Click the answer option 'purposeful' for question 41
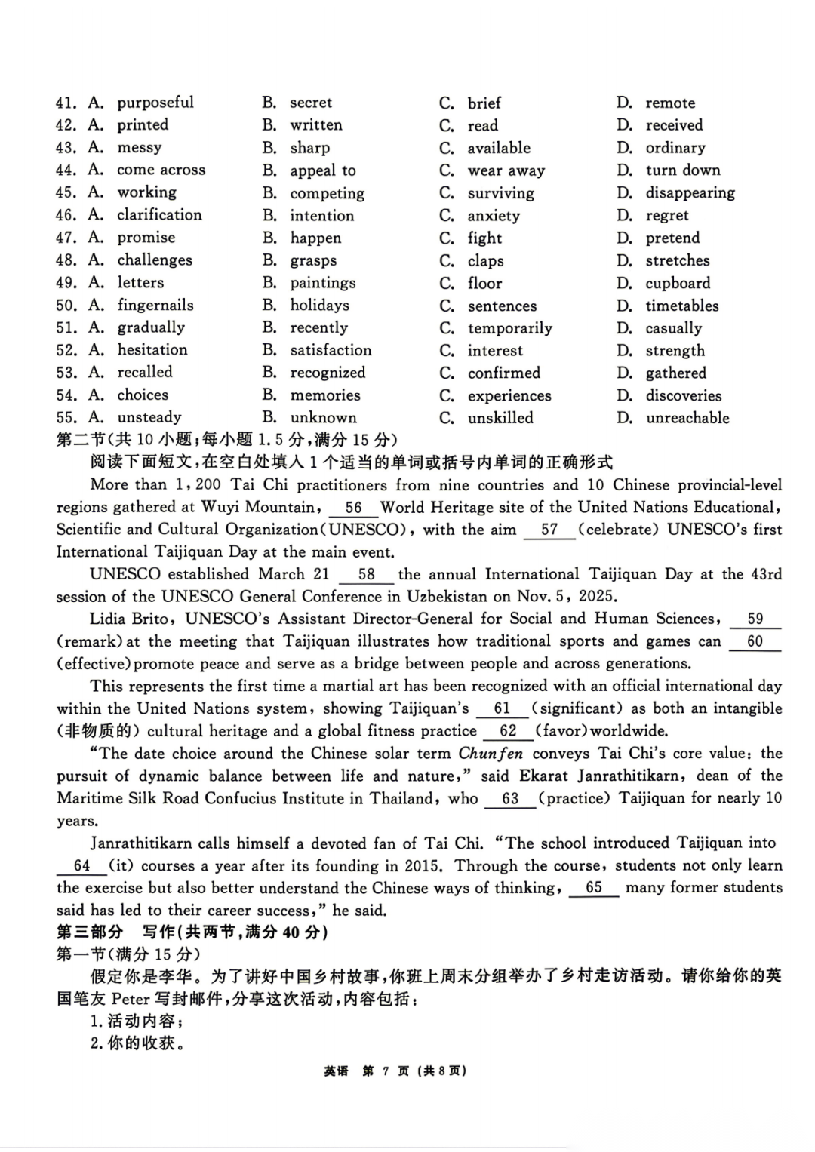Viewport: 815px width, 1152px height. click(155, 103)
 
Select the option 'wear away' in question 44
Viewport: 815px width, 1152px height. click(506, 170)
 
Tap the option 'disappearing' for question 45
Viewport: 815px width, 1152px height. click(690, 193)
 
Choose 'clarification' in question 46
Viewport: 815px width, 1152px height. click(159, 215)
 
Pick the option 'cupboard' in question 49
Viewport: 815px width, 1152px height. click(678, 284)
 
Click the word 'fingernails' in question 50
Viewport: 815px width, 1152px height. click(155, 306)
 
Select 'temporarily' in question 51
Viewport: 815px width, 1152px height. click(509, 328)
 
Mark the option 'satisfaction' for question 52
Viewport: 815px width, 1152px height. click(331, 350)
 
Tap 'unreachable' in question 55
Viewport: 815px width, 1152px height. click(687, 418)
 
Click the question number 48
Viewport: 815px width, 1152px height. click(66, 260)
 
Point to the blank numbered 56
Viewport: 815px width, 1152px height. click(353, 508)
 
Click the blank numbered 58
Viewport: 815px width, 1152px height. click(366, 575)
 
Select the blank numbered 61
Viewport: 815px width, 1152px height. click(502, 709)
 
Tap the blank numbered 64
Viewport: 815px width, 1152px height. click(82, 866)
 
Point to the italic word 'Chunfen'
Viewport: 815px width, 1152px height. click(491, 754)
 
